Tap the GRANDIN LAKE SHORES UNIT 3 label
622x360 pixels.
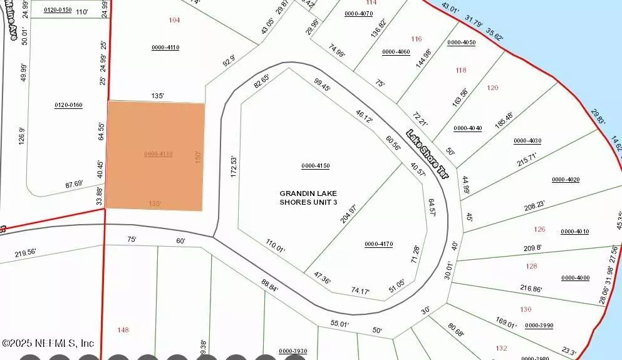(x=308, y=198)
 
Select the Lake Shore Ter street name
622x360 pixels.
(x=428, y=154)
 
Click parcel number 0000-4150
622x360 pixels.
(x=315, y=166)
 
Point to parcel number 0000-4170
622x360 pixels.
(x=378, y=244)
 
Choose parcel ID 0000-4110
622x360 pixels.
(x=165, y=48)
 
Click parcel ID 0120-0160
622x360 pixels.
(x=68, y=105)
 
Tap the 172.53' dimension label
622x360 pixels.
(x=234, y=167)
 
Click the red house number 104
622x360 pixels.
(x=174, y=20)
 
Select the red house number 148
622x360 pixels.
(x=123, y=329)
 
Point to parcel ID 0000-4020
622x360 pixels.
(x=566, y=180)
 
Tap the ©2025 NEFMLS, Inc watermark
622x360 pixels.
(x=48, y=343)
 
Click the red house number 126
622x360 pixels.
(x=539, y=229)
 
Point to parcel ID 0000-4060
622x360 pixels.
(x=396, y=51)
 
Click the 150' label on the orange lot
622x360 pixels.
(x=198, y=157)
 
